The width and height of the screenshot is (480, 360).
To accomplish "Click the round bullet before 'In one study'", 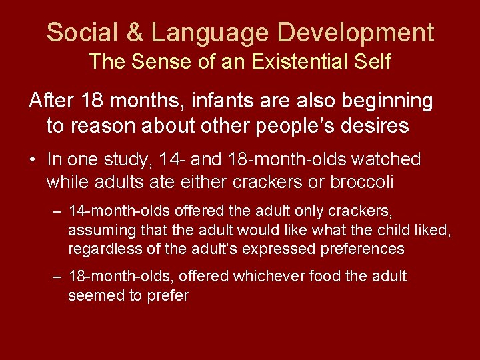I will (33, 160).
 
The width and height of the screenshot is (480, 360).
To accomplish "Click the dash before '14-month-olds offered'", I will (59, 212).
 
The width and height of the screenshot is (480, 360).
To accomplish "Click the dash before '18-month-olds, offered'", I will (59, 277).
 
